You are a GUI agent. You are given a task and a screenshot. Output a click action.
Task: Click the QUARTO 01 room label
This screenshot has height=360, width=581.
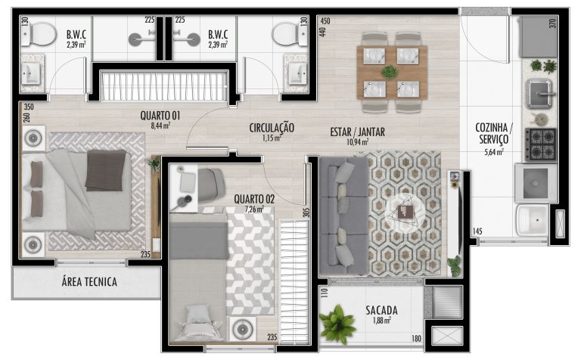[x=160, y=116]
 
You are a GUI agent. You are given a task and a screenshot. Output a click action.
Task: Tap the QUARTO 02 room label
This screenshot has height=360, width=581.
[x=254, y=199]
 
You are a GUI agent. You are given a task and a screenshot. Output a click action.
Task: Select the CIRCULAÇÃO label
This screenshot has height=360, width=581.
[x=272, y=128]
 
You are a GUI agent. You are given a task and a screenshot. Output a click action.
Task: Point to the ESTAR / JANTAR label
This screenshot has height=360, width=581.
[x=358, y=132]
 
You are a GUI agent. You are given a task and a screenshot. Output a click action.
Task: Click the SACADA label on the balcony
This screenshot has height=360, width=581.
[x=381, y=310]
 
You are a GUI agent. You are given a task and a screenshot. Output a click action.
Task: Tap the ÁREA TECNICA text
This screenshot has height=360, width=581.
[x=89, y=282]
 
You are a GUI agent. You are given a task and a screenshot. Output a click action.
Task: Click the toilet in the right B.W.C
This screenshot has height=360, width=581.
[x=290, y=34]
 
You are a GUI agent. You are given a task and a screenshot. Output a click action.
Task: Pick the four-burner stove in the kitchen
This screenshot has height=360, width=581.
[x=541, y=144]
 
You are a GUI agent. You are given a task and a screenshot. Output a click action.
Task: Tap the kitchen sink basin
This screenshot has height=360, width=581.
[x=539, y=93]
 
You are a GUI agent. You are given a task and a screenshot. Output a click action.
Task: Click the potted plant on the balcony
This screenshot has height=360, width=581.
[x=337, y=324]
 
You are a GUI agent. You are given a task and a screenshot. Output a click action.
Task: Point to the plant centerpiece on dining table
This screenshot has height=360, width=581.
[x=390, y=72]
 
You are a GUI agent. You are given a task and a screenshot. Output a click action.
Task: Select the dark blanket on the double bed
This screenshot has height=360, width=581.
[x=106, y=170]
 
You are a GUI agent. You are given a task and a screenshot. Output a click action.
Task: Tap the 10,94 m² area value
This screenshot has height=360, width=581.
[x=358, y=142]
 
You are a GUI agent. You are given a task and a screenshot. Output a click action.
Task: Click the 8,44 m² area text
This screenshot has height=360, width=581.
[x=160, y=126]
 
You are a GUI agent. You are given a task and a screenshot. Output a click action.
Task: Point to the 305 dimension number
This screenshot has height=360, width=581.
[x=306, y=212]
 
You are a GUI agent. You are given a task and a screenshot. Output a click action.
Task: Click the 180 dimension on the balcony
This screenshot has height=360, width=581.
[x=417, y=339]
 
